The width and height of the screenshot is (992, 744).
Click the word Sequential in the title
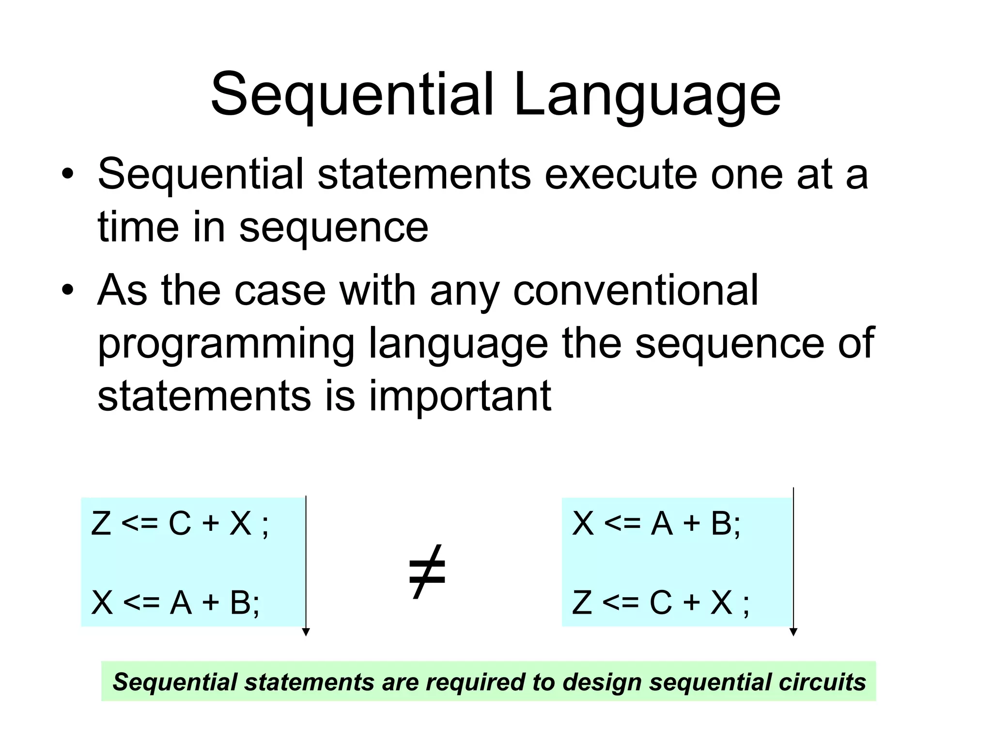(x=353, y=94)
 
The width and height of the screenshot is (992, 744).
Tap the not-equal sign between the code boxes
(x=427, y=572)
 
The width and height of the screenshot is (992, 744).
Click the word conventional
(x=635, y=290)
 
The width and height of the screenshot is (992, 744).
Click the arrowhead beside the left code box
(x=306, y=632)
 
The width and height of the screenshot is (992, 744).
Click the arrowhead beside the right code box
(x=793, y=632)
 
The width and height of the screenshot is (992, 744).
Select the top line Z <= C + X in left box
(x=179, y=524)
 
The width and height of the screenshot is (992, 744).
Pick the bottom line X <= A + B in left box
(x=175, y=603)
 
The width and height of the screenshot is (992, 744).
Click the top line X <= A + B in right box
(x=656, y=524)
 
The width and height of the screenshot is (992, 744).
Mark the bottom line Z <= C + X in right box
(x=660, y=603)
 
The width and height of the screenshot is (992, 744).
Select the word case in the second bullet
(x=279, y=290)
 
